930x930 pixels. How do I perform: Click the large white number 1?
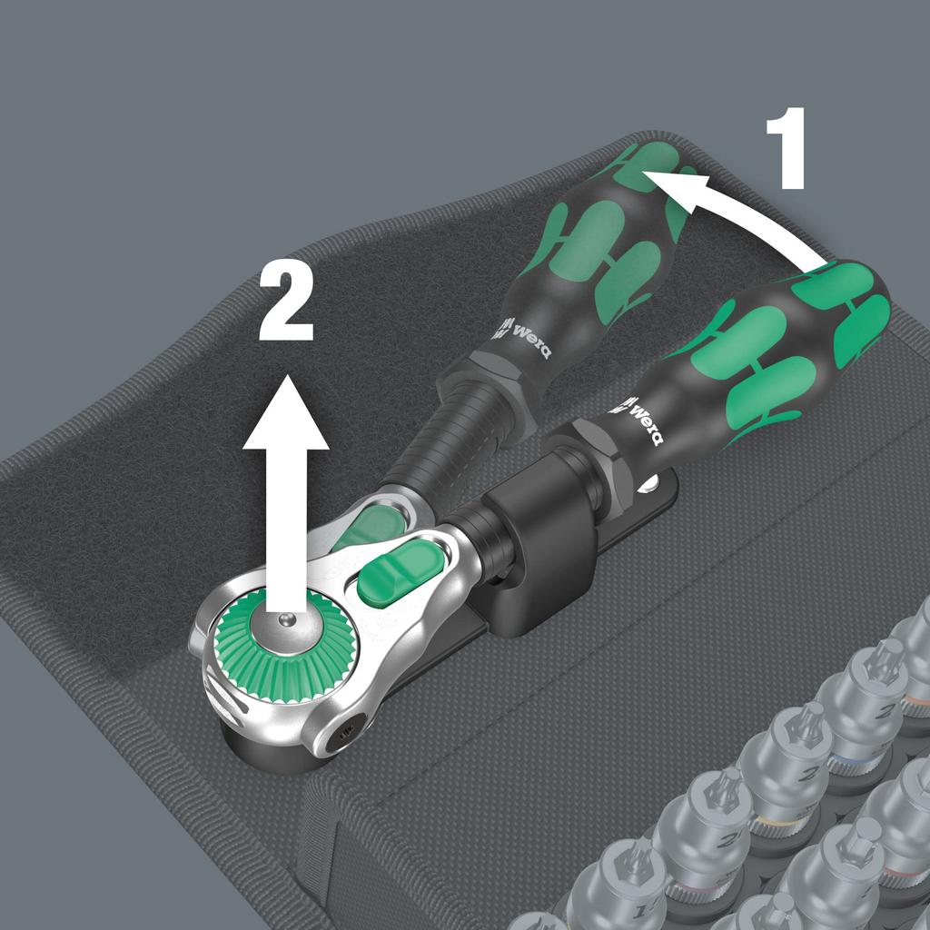(786, 148)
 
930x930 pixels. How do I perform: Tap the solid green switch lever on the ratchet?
(401, 574)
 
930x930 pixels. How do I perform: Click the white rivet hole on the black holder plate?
(648, 484)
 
